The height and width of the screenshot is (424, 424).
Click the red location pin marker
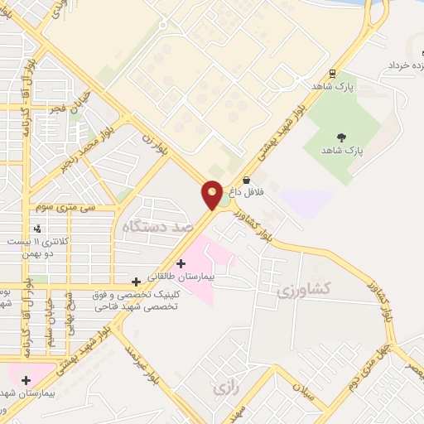coord(212,195)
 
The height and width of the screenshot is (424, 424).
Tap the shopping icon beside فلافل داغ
coord(246,180)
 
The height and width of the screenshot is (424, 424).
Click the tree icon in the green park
coord(341,137)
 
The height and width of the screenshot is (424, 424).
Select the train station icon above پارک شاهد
coord(331,72)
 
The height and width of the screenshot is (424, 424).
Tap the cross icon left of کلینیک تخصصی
coord(137,282)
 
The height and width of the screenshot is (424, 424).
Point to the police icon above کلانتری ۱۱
coord(36,228)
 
